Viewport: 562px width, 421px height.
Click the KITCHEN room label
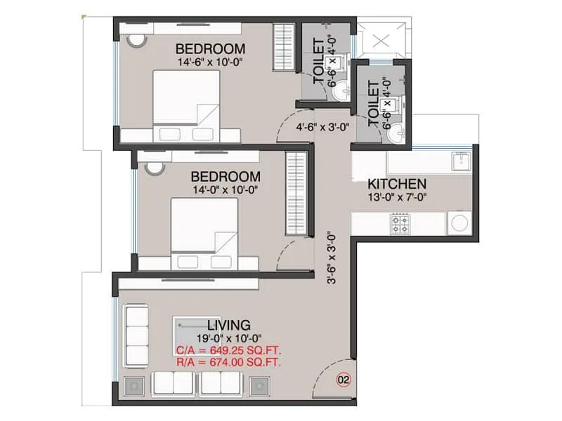coord(397,184)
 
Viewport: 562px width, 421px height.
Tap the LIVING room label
coord(229,325)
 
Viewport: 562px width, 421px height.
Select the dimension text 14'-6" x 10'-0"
coord(211,62)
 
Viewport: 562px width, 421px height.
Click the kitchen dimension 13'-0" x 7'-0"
coord(397,197)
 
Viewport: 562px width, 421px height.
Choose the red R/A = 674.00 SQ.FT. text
coord(229,362)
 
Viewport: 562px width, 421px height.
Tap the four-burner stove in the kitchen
coord(400,225)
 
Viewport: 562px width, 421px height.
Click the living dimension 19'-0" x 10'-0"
coord(229,338)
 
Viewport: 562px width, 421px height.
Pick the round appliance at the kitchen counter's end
coord(460,224)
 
